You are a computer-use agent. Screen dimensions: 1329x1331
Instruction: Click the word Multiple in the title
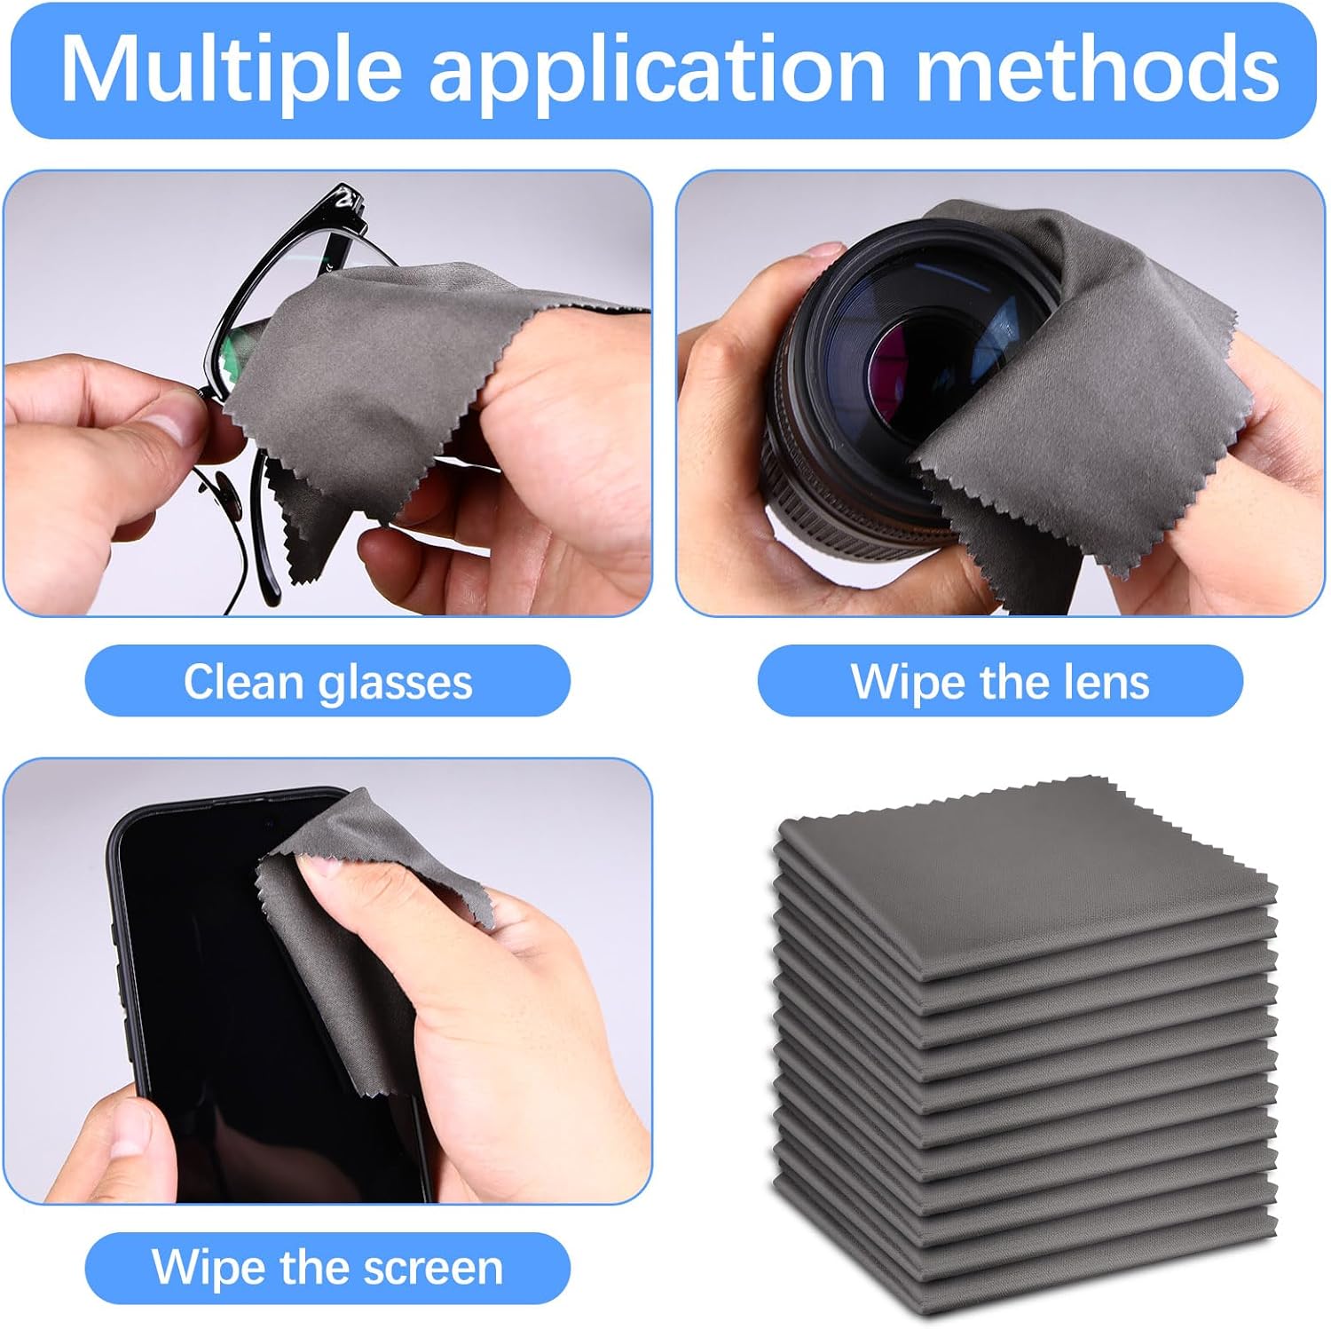pyautogui.click(x=231, y=69)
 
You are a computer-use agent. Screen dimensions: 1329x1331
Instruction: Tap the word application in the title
pyautogui.click(x=657, y=69)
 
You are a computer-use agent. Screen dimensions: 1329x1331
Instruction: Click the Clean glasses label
pyautogui.click(x=327, y=682)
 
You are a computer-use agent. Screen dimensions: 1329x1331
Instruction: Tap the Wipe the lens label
pyautogui.click(x=1000, y=682)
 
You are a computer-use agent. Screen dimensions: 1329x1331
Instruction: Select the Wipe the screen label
pyautogui.click(x=327, y=1267)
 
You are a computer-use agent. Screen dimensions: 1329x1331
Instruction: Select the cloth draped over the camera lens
pyautogui.click(x=1109, y=373)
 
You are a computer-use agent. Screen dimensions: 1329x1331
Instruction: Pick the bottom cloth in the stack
pyautogui.click(x=1020, y=1278)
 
